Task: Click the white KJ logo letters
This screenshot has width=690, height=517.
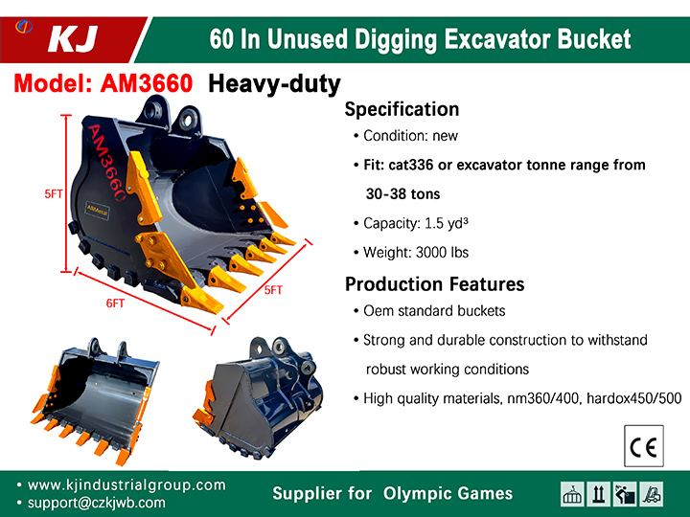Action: tap(72, 39)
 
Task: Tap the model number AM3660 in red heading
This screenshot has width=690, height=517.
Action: tap(147, 82)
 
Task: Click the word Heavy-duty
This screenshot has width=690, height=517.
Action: tap(274, 84)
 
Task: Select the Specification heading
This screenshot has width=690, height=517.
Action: tap(402, 109)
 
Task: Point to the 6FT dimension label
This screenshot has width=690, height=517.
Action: tap(115, 303)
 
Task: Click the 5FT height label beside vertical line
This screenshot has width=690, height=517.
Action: tap(54, 193)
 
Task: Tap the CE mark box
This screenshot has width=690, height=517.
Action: tap(644, 446)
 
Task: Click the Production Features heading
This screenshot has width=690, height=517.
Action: tap(435, 284)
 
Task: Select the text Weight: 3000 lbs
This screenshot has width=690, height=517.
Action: tap(416, 253)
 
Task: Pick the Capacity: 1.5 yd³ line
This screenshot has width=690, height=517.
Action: tap(416, 223)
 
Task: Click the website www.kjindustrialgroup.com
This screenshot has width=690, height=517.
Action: tap(126, 484)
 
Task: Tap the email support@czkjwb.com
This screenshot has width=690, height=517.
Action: tap(97, 503)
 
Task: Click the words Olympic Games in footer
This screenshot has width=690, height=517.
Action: tap(448, 493)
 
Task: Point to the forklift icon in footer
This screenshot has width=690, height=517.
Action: tap(652, 494)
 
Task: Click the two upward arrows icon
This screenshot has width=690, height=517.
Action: tap(598, 494)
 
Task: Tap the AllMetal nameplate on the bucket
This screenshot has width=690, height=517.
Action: tap(97, 210)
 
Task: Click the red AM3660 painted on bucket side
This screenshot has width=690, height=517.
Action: tap(107, 163)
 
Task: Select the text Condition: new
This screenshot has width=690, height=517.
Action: tap(410, 136)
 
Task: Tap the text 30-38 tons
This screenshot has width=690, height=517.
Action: tap(403, 193)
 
